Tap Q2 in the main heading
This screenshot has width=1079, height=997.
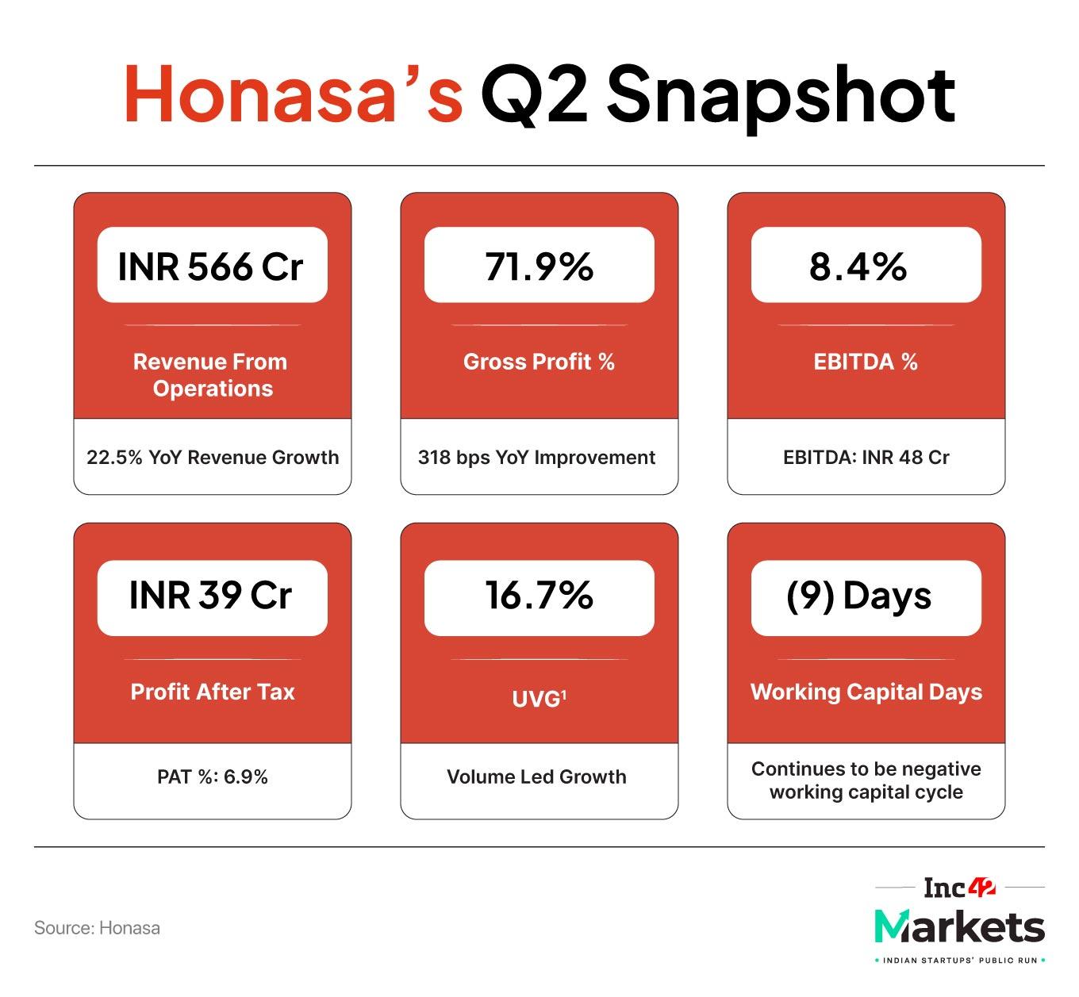click(x=534, y=95)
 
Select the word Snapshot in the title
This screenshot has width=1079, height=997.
click(x=781, y=95)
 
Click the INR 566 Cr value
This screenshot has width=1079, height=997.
click(x=211, y=267)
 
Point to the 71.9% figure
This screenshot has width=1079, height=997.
click(x=539, y=267)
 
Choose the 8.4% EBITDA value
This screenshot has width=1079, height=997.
click(x=858, y=267)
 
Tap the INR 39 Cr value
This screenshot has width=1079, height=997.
click(x=211, y=596)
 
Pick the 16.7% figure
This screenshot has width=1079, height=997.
click(x=539, y=596)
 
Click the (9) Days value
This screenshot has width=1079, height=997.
click(x=858, y=596)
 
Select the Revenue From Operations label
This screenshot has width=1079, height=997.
click(x=212, y=375)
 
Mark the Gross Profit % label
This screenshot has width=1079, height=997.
click(x=539, y=362)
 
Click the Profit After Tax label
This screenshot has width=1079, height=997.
click(x=212, y=692)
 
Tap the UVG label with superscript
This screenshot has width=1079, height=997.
click(x=539, y=699)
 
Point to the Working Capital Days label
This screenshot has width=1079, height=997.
click(x=866, y=692)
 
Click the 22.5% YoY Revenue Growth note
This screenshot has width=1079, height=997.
click(x=212, y=458)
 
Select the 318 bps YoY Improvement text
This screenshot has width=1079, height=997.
click(x=536, y=458)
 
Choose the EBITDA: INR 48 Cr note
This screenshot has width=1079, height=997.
click(x=866, y=458)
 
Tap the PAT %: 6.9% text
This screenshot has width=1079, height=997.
click(x=212, y=777)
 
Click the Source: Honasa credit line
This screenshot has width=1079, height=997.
click(x=97, y=928)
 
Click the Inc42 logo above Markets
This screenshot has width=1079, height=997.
click(x=958, y=888)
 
